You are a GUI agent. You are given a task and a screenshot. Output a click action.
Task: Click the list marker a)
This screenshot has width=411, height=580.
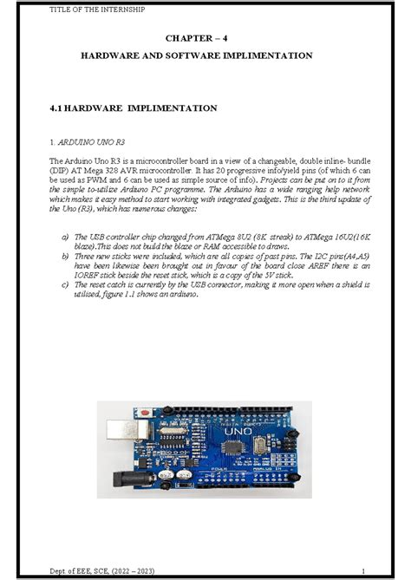click(x=65, y=236)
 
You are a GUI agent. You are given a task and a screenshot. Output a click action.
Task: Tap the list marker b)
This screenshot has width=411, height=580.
click(x=65, y=257)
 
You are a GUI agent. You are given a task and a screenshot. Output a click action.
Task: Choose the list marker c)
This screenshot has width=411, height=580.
click(x=65, y=284)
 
